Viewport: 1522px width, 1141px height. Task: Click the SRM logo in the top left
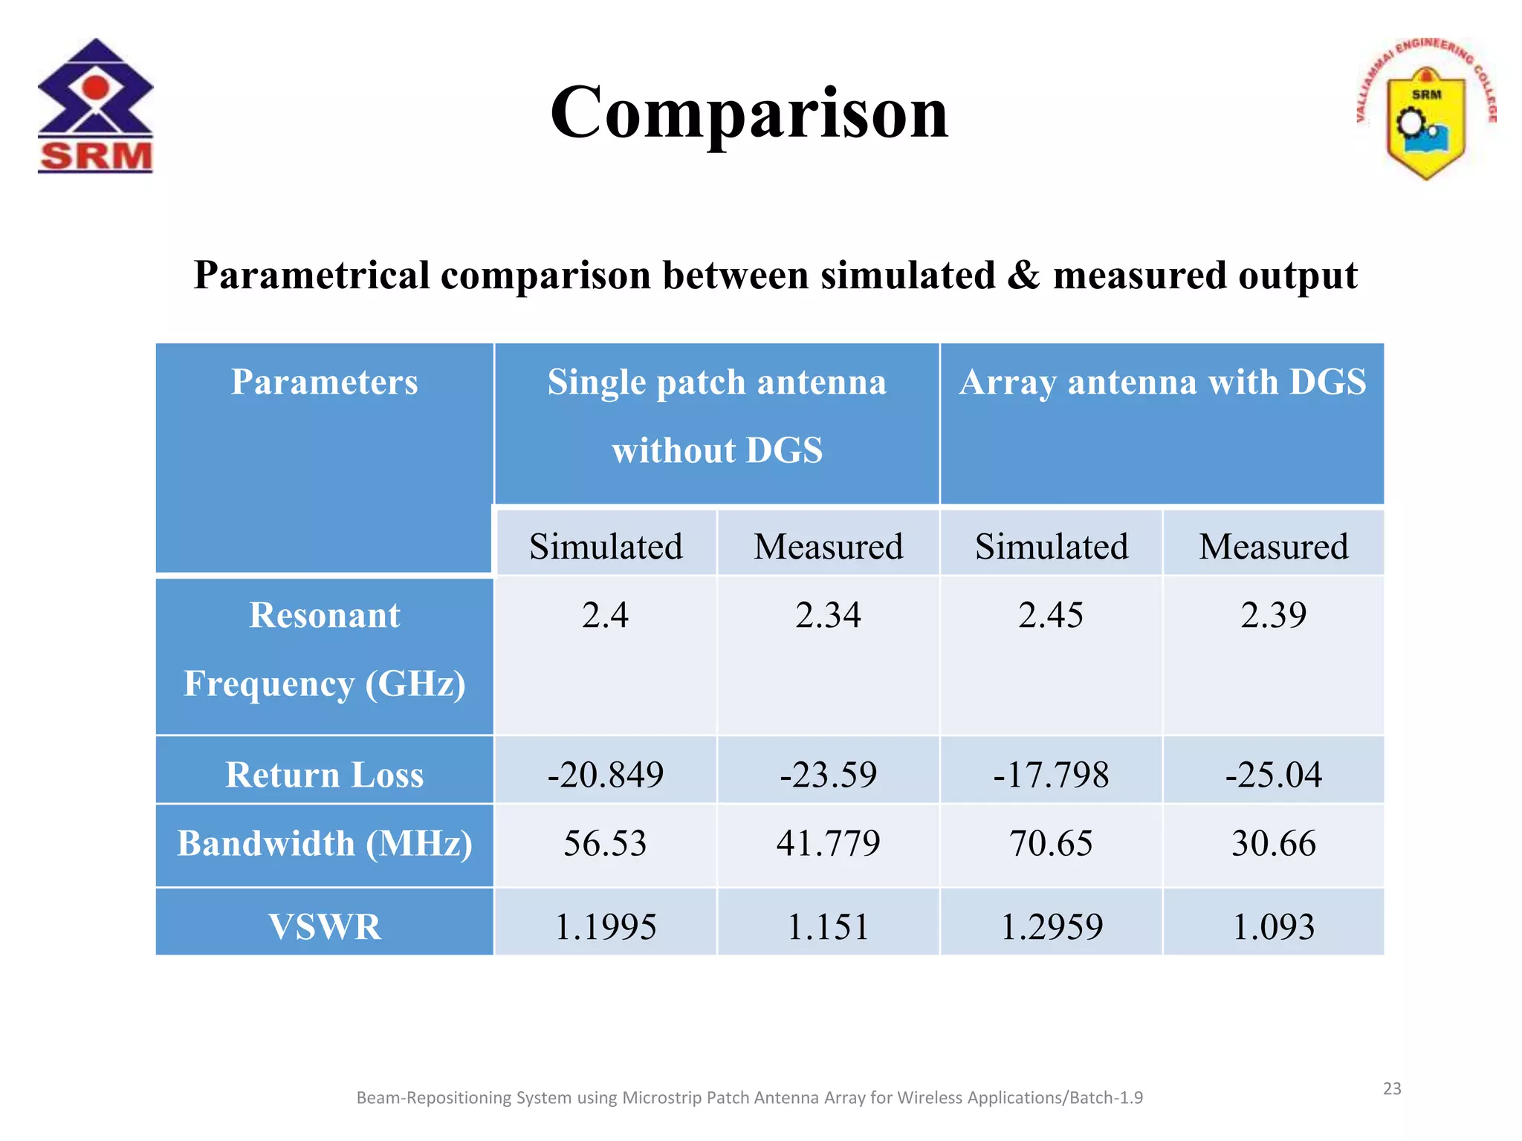pyautogui.click(x=95, y=106)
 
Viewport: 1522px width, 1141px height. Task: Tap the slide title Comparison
pyautogui.click(x=749, y=113)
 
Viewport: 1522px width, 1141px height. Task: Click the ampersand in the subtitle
pyautogui.click(x=1023, y=276)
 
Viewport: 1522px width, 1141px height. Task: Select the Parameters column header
pyautogui.click(x=324, y=383)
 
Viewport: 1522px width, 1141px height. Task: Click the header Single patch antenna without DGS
pyautogui.click(x=716, y=416)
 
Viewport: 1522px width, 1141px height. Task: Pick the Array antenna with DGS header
pyautogui.click(x=1162, y=383)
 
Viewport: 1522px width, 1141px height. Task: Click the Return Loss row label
pyautogui.click(x=324, y=775)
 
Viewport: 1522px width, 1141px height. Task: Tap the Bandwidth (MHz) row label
pyautogui.click(x=324, y=844)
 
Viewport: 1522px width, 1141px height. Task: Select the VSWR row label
pyautogui.click(x=324, y=926)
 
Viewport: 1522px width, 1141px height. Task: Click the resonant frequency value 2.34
pyautogui.click(x=828, y=615)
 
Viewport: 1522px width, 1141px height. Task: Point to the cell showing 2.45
pyautogui.click(x=1050, y=615)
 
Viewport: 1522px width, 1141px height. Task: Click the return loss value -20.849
pyautogui.click(x=605, y=775)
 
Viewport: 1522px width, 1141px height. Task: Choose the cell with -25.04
pyautogui.click(x=1273, y=775)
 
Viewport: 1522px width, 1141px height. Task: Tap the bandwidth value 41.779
pyautogui.click(x=828, y=844)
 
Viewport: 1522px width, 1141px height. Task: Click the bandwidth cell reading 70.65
pyautogui.click(x=1050, y=844)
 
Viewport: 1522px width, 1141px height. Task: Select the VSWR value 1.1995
pyautogui.click(x=605, y=926)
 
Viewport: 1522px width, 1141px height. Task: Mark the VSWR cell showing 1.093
pyautogui.click(x=1273, y=926)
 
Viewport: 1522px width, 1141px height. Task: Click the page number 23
pyautogui.click(x=1391, y=1088)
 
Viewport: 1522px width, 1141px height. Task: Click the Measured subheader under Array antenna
pyautogui.click(x=1273, y=547)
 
